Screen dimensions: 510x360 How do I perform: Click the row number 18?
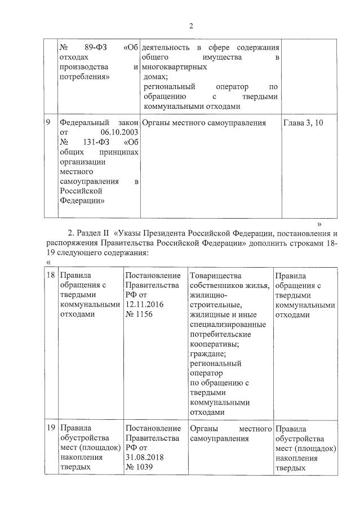click(x=51, y=276)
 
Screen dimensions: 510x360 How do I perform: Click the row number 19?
click(x=51, y=428)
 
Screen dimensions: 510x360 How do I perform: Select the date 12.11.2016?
click(x=144, y=304)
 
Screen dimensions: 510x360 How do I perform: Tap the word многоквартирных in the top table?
click(x=171, y=66)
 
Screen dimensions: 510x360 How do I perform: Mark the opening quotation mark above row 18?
click(x=47, y=263)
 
